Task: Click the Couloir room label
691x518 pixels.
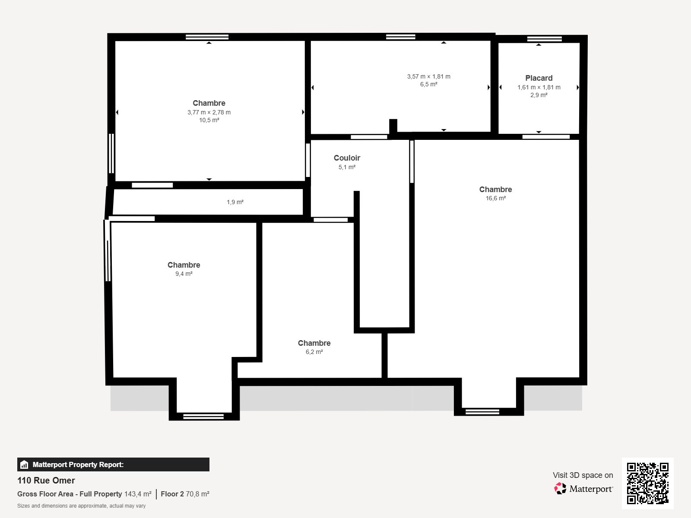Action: tap(347, 158)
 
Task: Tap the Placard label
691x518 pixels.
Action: tap(539, 78)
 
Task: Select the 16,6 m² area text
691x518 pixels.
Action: tap(495, 199)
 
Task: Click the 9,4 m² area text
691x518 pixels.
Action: tap(184, 274)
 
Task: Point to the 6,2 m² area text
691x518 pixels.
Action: tap(314, 352)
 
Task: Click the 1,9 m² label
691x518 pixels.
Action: tap(235, 202)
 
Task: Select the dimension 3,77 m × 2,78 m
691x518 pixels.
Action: tap(209, 112)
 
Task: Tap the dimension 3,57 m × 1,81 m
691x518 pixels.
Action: tap(428, 76)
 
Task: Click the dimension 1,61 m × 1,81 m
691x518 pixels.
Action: tap(539, 87)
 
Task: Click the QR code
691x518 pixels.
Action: tap(647, 483)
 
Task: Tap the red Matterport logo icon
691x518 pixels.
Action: tap(560, 488)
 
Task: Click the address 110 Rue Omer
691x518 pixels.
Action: tap(46, 480)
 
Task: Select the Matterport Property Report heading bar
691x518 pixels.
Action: tap(113, 464)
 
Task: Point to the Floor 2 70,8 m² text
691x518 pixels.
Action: tap(185, 494)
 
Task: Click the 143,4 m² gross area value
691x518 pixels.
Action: tap(138, 494)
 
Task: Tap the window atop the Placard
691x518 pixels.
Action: tap(544, 39)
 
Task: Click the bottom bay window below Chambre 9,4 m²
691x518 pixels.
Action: tap(203, 417)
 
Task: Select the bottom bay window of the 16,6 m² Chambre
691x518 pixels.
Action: tap(482, 412)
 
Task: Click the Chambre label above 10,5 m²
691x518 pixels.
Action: tap(209, 103)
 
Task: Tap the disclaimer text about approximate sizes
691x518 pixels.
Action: tap(81, 506)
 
